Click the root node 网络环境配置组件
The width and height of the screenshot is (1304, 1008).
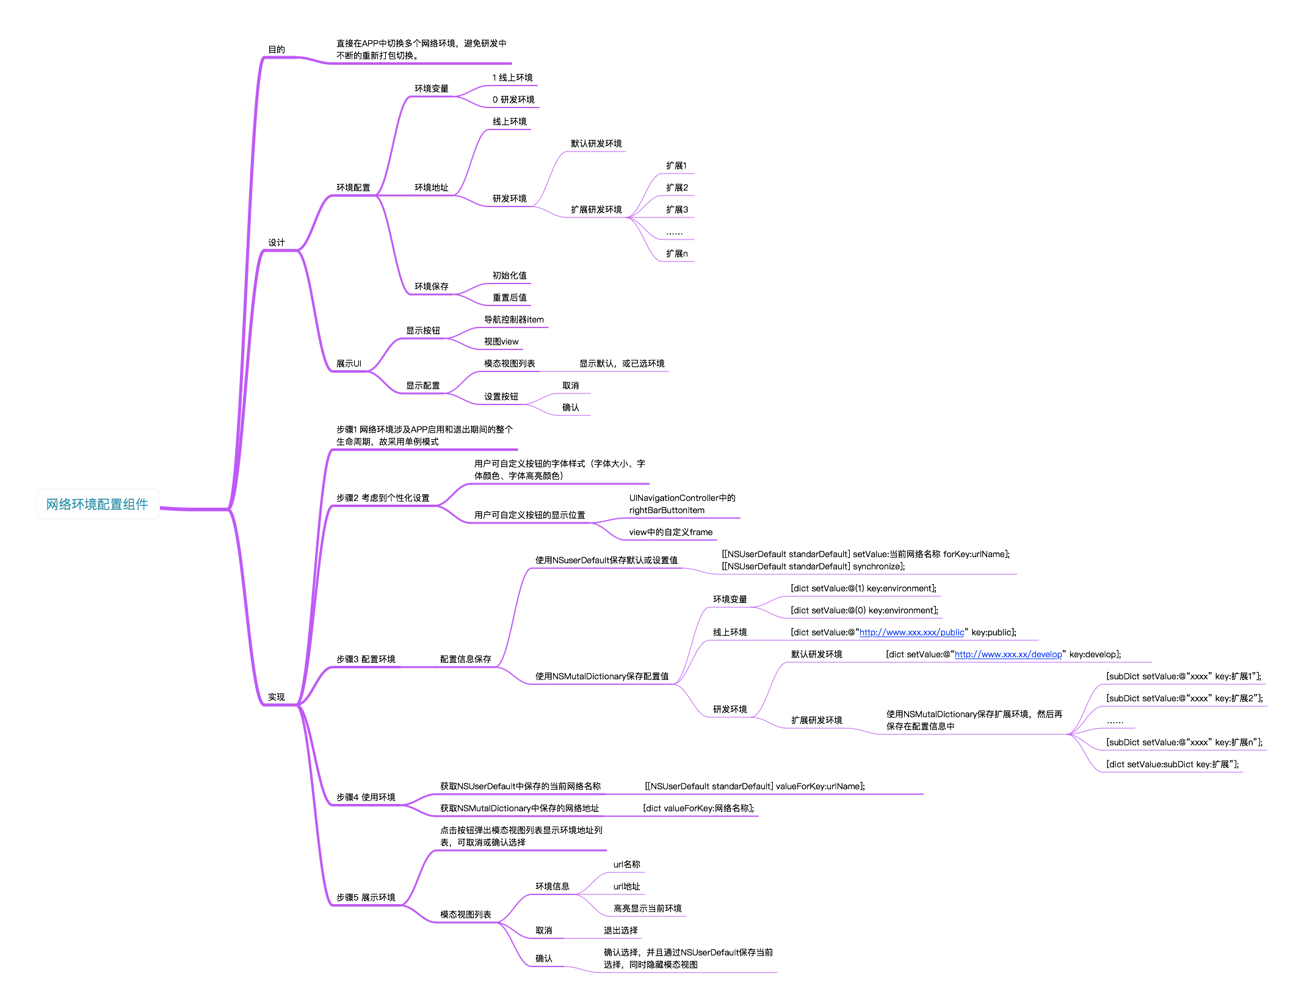[98, 504]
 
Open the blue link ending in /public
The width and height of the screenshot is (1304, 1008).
[911, 632]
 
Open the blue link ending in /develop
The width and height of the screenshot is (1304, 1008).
[1008, 654]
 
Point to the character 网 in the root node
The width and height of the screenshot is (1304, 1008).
[53, 504]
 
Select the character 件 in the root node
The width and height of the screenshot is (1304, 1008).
[142, 504]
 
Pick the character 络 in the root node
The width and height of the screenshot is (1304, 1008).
[65, 504]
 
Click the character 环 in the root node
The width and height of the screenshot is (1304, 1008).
[78, 504]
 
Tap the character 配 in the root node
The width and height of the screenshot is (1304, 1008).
[104, 504]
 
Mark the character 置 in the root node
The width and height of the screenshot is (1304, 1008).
[117, 504]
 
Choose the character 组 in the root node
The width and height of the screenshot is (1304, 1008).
[129, 504]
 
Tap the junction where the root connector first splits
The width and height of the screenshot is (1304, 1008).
[230, 509]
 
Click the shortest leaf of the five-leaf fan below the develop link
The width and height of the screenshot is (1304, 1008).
[1117, 728]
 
